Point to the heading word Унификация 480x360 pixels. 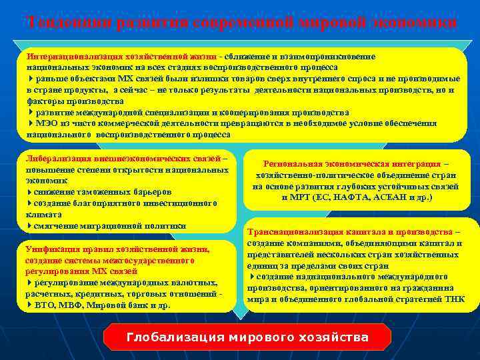[x=51, y=249]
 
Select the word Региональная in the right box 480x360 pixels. [x=294, y=164]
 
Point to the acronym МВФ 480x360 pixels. [x=74, y=305]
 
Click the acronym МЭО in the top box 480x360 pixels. [x=45, y=123]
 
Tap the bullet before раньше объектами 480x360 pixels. [x=30, y=79]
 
